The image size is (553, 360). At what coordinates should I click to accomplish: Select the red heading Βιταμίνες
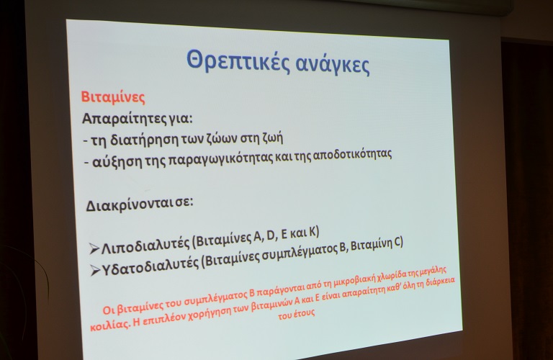pos(113,97)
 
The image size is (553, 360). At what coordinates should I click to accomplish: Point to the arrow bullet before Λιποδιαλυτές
pos(94,248)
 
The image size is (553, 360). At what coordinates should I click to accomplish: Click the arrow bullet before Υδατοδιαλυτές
pos(95,271)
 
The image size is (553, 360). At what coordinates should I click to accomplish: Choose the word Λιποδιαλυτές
pos(145,245)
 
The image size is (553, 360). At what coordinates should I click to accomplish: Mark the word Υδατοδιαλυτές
pos(150,266)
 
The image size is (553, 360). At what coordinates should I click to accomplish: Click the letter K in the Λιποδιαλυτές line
pos(312,232)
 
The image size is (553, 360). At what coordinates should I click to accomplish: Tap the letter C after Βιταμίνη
pos(397,242)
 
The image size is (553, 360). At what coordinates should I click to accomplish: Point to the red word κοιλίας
pos(109,325)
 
